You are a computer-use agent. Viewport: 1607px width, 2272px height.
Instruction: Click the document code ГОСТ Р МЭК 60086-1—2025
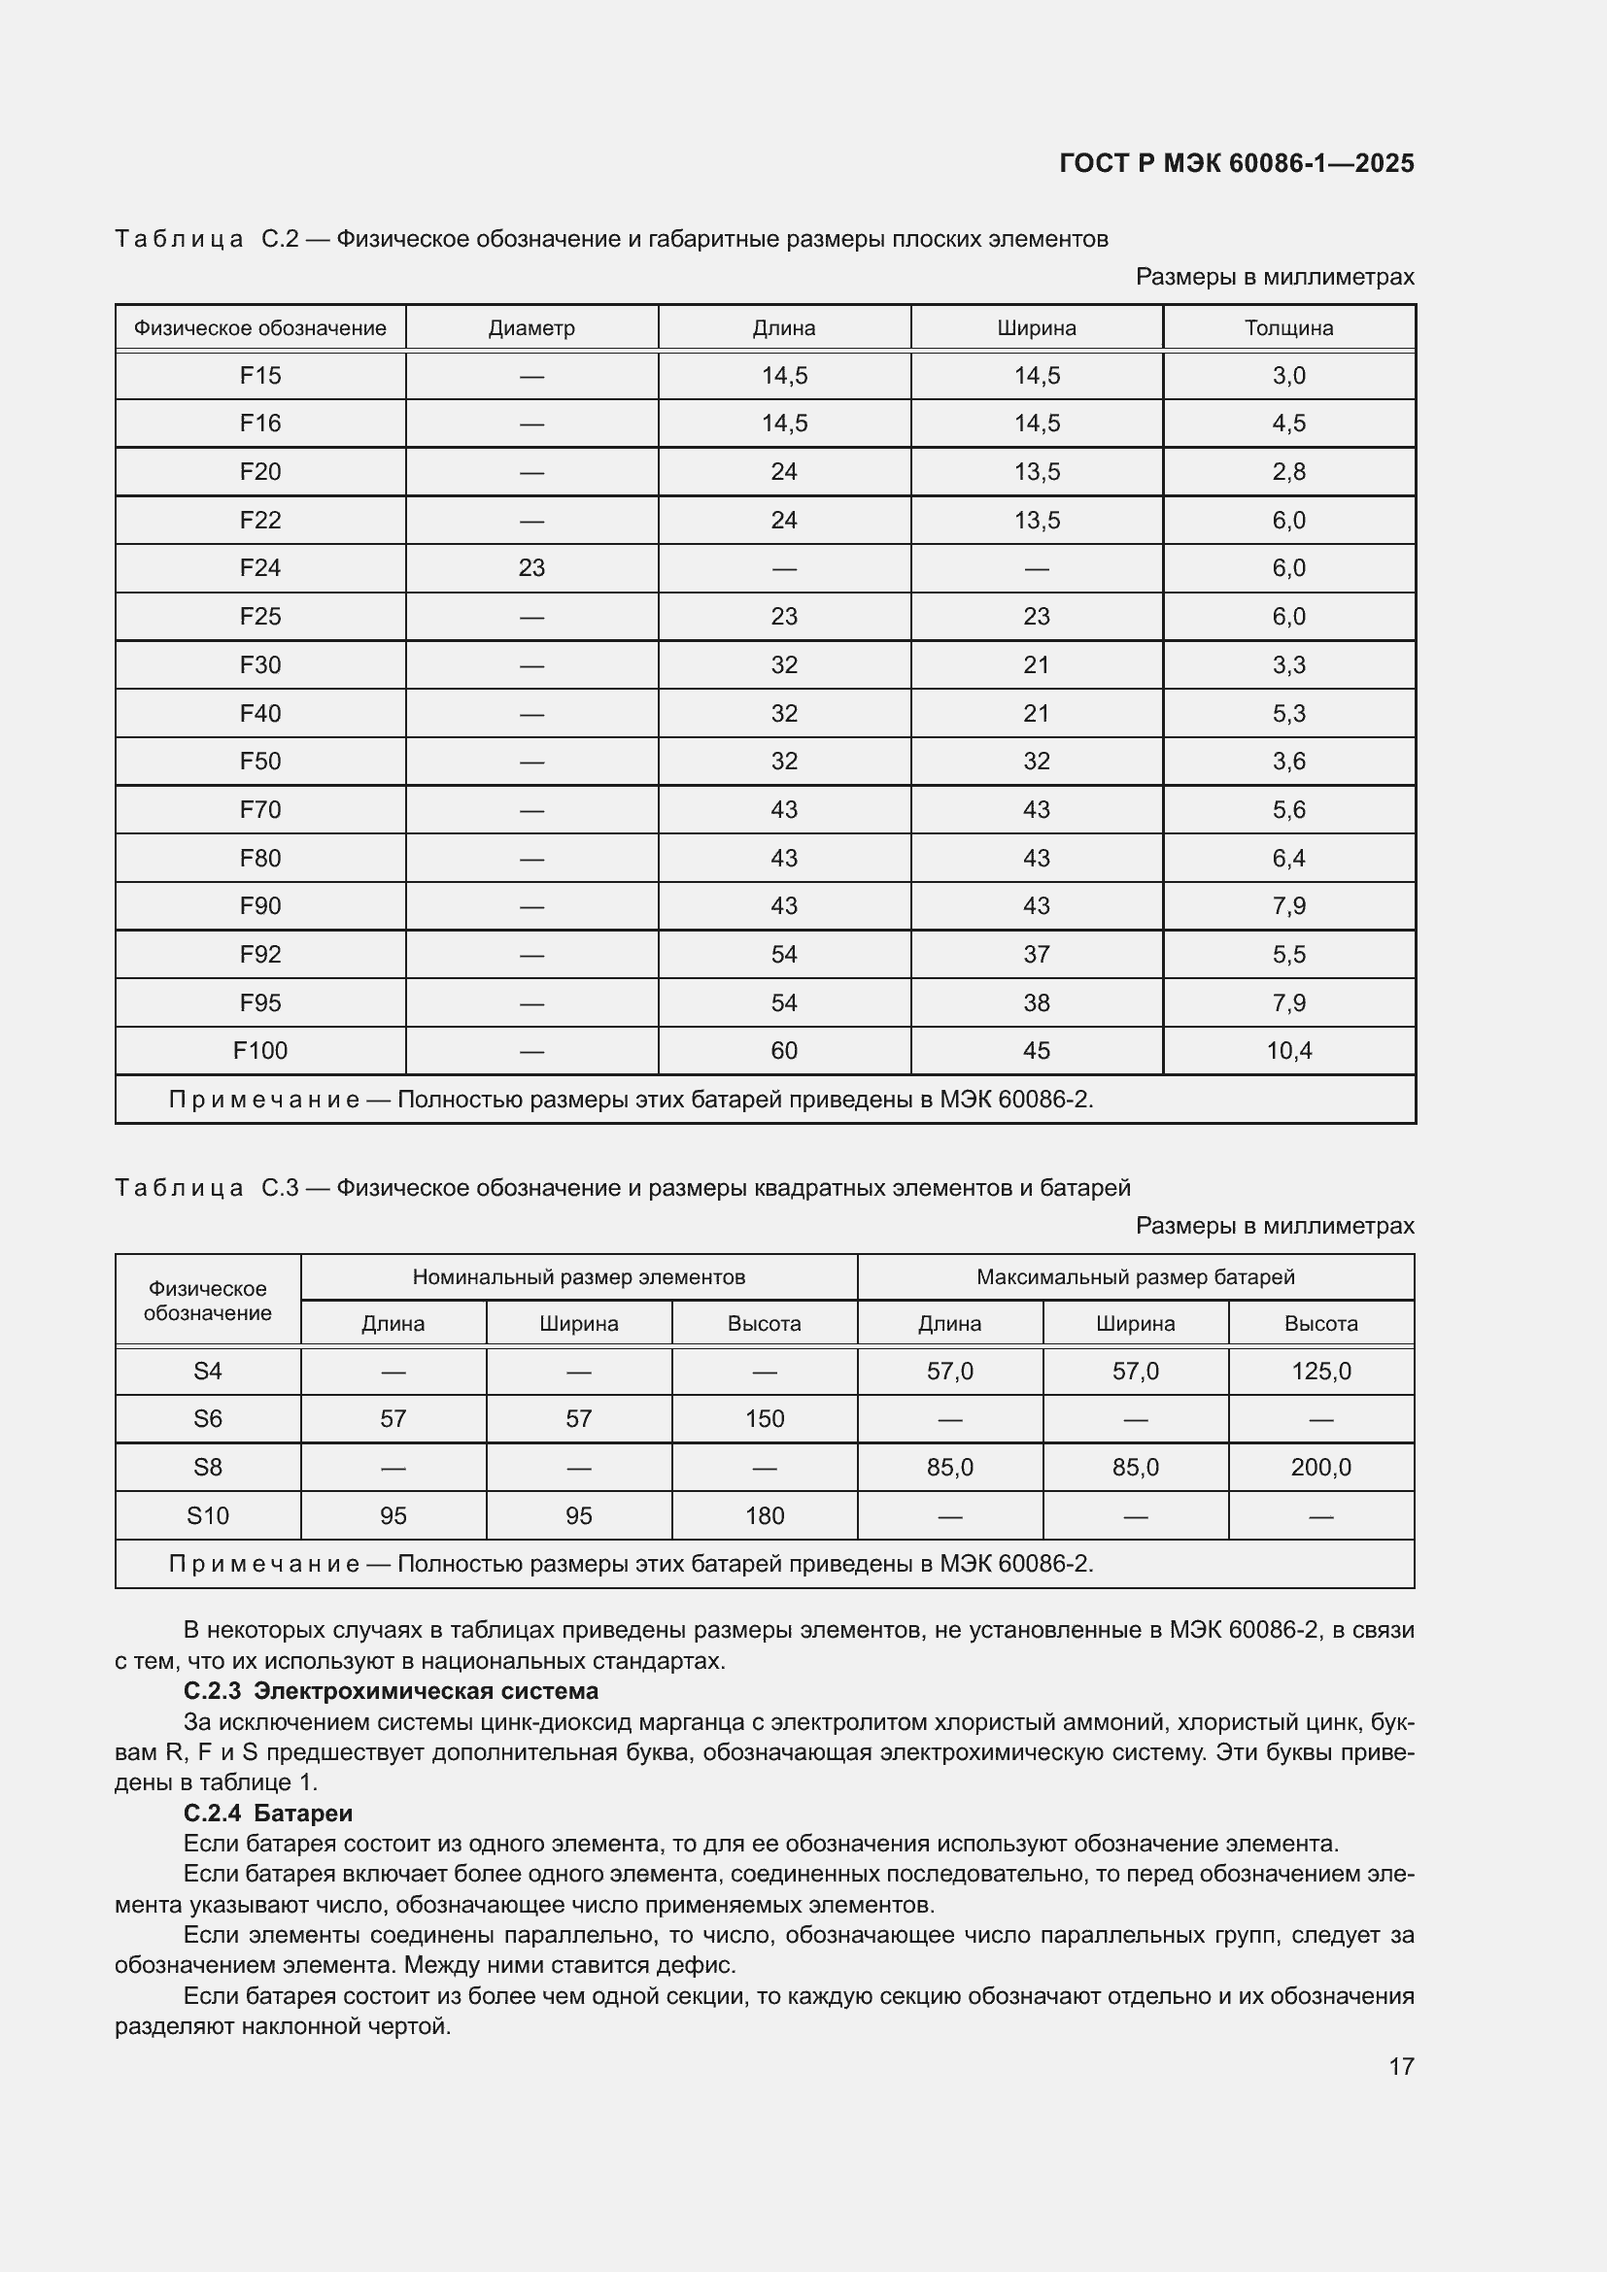1236,163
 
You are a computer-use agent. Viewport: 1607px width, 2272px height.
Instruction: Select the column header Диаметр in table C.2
531,327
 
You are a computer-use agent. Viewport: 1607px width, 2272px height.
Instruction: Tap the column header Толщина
1288,327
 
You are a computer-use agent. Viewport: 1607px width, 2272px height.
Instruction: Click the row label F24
260,568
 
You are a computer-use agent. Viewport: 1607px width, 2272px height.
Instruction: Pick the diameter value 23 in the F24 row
531,568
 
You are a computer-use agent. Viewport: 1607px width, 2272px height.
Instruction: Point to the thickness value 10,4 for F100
1288,1051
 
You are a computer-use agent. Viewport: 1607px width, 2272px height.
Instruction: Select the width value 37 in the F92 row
1036,955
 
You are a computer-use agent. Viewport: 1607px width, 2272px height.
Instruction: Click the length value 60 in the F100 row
784,1051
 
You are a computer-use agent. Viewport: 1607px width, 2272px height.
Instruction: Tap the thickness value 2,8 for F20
1288,472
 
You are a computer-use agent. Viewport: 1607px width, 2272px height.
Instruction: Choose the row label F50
260,761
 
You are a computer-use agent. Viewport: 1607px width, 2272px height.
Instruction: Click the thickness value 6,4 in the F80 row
1288,858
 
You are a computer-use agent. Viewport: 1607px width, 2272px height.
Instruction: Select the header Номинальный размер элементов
579,1276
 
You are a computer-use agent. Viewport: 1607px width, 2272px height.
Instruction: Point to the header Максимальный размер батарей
1135,1276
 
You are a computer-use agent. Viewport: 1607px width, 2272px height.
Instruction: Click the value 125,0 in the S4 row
1321,1372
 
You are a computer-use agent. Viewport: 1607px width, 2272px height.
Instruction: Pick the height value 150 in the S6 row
764,1419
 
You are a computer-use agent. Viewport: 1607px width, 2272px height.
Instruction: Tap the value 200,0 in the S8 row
1321,1468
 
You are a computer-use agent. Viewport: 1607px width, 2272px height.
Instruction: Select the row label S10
208,1516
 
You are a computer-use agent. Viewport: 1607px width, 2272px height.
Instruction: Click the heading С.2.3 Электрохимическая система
391,1691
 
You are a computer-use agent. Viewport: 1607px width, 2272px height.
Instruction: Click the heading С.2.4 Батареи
268,1813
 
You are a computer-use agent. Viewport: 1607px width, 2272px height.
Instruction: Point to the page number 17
1401,2066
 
